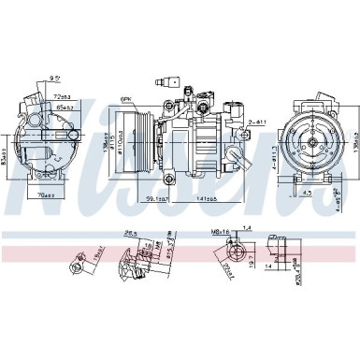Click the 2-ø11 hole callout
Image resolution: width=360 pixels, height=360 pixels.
[x=259, y=121]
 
